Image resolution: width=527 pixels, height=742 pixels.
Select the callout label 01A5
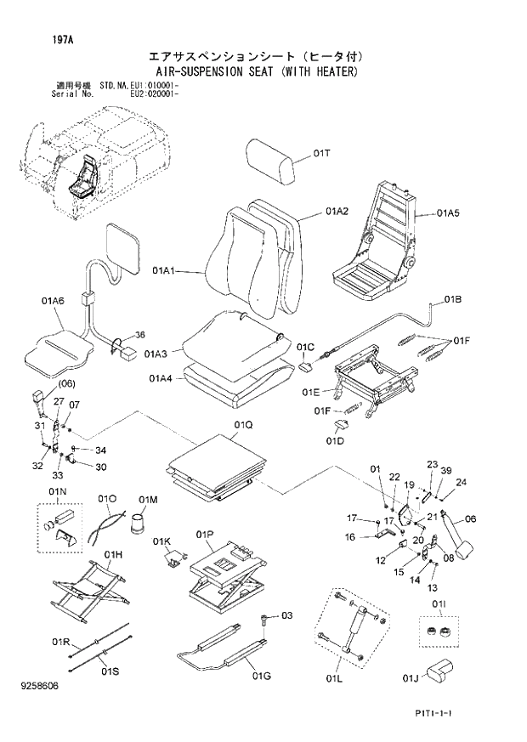point(448,213)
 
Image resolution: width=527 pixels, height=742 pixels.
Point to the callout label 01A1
point(164,271)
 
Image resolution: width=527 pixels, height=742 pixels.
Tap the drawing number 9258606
point(41,684)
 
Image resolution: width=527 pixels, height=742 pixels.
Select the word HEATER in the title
point(331,72)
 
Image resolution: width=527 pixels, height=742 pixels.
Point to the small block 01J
point(437,671)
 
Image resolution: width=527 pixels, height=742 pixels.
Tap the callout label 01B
point(451,301)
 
